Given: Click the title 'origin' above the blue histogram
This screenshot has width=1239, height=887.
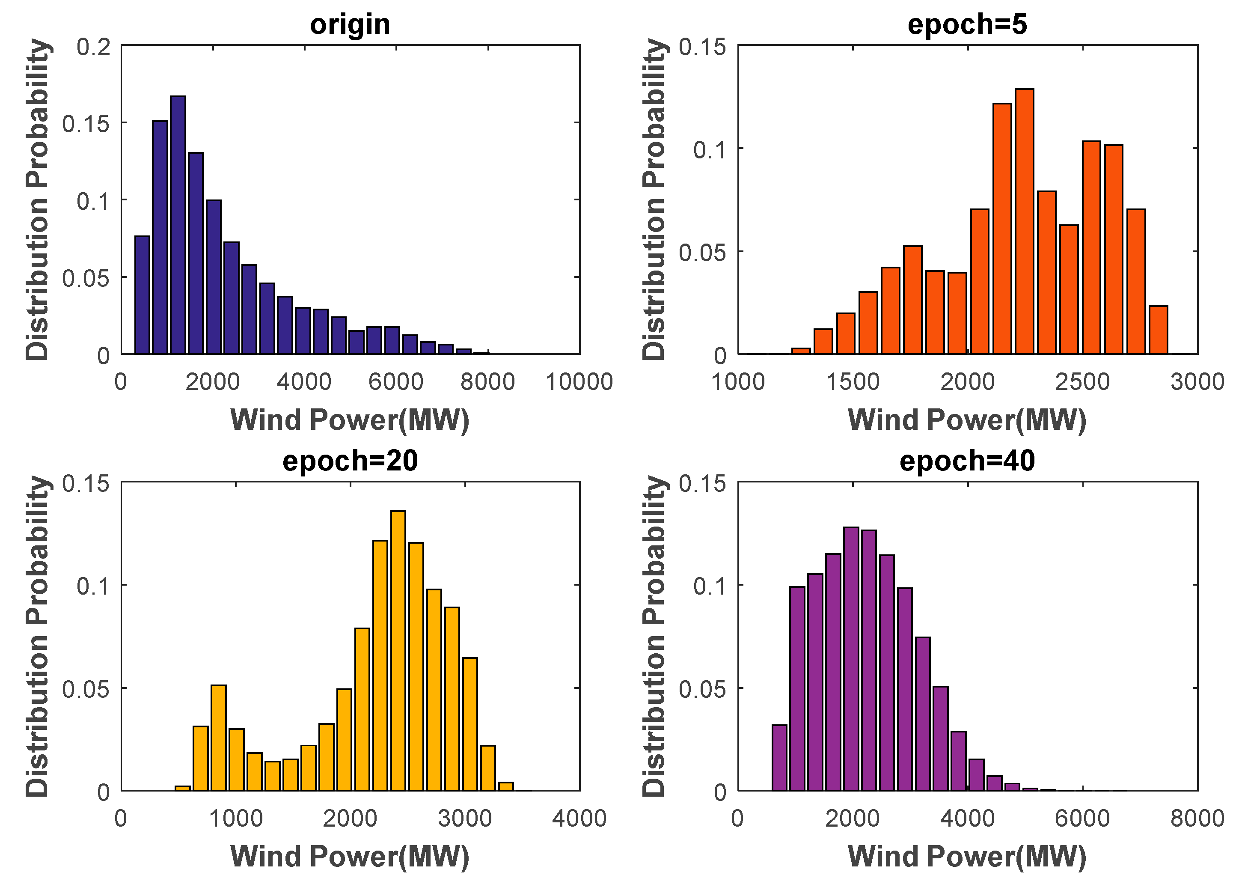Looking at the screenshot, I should tap(350, 24).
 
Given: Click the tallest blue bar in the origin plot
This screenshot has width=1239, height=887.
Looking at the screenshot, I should tap(178, 225).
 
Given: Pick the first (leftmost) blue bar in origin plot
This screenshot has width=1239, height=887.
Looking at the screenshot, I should tap(142, 295).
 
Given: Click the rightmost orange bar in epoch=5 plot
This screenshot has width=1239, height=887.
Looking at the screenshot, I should tap(1158, 330).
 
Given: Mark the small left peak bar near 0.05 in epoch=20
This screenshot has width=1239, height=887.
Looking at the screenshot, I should tap(218, 737).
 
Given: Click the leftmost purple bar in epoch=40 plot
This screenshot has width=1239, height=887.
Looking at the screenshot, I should tap(779, 758).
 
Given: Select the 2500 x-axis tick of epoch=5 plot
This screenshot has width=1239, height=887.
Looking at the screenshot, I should tap(1082, 382).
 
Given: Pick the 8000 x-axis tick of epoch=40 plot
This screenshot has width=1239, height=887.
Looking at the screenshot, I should tap(1197, 818).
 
